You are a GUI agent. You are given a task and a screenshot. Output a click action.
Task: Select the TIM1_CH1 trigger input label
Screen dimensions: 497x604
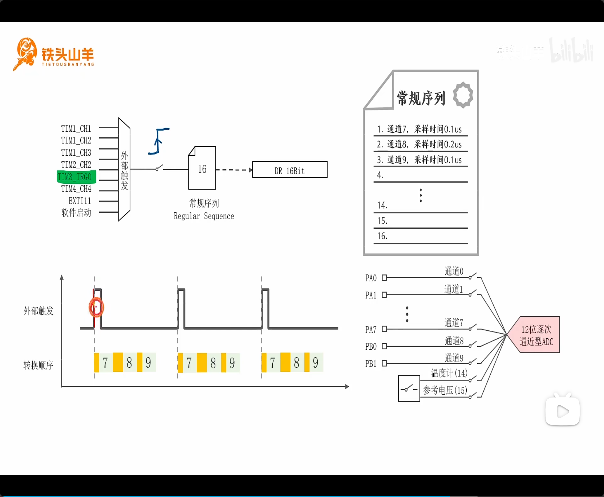click(x=76, y=129)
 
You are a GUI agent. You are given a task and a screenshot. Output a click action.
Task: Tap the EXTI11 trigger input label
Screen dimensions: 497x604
click(x=80, y=201)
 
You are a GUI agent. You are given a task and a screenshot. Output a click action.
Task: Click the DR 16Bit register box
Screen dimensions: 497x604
click(x=289, y=170)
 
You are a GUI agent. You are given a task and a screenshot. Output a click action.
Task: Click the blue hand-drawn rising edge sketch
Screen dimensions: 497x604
click(x=159, y=141)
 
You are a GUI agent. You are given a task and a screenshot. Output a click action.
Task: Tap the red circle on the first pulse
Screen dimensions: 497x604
click(x=96, y=307)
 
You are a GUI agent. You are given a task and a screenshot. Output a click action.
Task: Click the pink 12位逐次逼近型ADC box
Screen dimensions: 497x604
click(x=536, y=335)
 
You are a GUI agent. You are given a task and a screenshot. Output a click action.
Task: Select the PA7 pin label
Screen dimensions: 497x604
click(x=370, y=330)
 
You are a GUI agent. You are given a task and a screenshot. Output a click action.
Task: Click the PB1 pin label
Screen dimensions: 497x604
click(x=370, y=364)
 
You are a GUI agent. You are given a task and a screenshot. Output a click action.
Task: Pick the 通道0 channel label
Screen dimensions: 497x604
click(x=454, y=271)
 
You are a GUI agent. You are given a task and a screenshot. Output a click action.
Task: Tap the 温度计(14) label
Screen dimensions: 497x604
click(x=449, y=373)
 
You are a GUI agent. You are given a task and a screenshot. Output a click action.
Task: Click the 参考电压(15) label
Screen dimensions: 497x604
click(x=445, y=390)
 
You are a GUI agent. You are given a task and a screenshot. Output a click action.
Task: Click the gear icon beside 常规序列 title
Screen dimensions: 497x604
click(x=463, y=95)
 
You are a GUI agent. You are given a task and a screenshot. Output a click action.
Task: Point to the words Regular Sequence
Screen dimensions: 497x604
click(x=204, y=216)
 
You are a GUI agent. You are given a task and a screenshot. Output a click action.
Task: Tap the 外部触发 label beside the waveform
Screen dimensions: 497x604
click(x=38, y=311)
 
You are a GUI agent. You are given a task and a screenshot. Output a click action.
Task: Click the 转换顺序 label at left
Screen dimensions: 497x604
click(x=38, y=365)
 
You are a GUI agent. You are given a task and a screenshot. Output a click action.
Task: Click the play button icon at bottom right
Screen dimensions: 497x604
click(x=562, y=411)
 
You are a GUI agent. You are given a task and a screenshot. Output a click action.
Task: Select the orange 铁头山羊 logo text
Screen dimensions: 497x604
click(x=68, y=55)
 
